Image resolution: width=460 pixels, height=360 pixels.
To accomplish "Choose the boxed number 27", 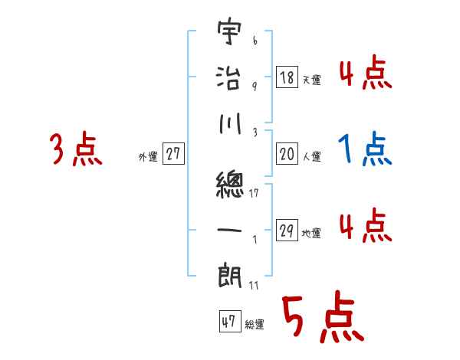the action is coord(173,155).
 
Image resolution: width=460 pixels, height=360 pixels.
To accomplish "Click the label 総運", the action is coord(255,324).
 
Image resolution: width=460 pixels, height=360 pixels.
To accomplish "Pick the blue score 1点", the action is coord(365,149).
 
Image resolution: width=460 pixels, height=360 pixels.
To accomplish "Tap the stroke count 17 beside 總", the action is coord(255,193).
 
